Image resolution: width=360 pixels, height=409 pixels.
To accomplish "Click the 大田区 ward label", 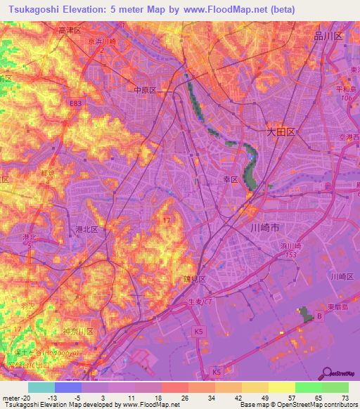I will (x=282, y=131).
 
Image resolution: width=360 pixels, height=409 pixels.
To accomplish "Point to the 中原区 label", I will (x=144, y=91).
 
